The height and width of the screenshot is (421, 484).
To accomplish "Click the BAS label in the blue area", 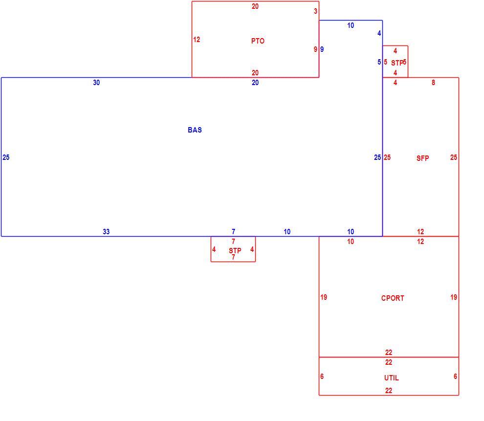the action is (x=195, y=130).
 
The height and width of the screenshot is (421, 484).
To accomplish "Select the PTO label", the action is (x=258, y=41).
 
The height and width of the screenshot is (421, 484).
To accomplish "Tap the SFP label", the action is (x=422, y=158).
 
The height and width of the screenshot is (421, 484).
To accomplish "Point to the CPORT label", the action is (x=393, y=298).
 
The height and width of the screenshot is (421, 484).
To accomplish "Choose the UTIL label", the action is (x=392, y=378).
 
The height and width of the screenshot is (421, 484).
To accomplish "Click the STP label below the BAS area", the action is (x=235, y=251).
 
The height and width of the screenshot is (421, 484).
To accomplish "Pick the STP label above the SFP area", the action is (x=397, y=63).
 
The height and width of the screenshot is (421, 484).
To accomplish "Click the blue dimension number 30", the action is (x=96, y=83).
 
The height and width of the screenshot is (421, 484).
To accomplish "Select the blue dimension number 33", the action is (x=106, y=231).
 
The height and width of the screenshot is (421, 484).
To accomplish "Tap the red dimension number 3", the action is (x=315, y=11).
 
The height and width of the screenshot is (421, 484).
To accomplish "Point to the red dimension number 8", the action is (x=433, y=83).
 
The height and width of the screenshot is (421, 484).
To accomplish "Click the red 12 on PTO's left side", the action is (x=197, y=40).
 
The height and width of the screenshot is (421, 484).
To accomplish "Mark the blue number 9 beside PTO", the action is (x=322, y=49).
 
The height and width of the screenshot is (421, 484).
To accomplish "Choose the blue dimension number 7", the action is (x=233, y=231).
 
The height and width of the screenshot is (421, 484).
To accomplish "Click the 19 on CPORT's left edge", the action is (x=324, y=297).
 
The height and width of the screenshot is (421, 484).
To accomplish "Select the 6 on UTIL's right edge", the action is (x=455, y=376).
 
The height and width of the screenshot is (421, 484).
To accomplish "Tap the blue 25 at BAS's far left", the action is (x=6, y=157).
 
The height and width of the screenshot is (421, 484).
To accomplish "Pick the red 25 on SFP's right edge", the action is (x=453, y=157).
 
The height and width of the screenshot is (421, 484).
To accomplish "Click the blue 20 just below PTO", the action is (x=255, y=83).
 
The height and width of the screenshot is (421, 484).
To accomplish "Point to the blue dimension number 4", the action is (x=379, y=33).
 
